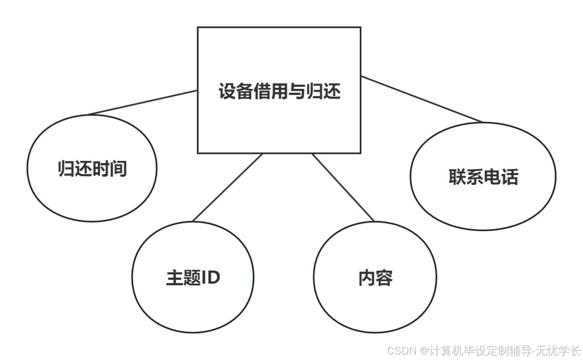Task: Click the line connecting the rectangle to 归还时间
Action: click(143, 103)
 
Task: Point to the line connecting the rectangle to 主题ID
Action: click(228, 187)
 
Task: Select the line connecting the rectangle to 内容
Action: click(343, 187)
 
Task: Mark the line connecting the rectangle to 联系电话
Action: click(422, 99)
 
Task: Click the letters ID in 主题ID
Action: click(211, 278)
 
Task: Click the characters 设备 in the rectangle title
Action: click(236, 91)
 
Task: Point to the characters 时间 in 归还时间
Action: click(109, 169)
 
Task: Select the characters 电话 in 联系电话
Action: click(501, 177)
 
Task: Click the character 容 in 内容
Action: click(384, 278)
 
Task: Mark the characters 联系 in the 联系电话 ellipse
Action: click(466, 177)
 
